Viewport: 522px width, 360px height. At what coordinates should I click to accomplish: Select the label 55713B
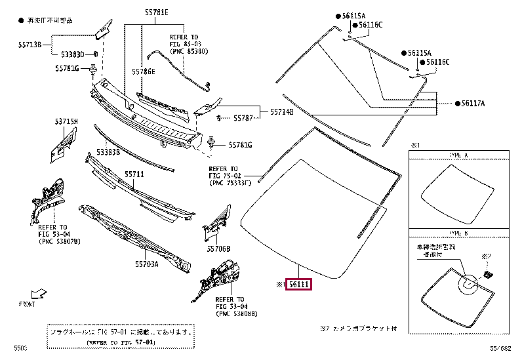[29, 45]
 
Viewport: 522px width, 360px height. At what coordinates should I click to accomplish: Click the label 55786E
[144, 71]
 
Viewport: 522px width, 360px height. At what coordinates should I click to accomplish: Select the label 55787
[243, 118]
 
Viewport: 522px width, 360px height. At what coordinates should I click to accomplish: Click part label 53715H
[66, 122]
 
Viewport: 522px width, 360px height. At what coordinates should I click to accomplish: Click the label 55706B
[218, 249]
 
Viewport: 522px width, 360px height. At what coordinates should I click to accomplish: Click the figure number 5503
[22, 348]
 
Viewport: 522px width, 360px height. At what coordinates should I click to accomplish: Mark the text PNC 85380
[188, 49]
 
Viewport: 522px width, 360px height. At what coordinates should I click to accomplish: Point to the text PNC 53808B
[236, 313]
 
